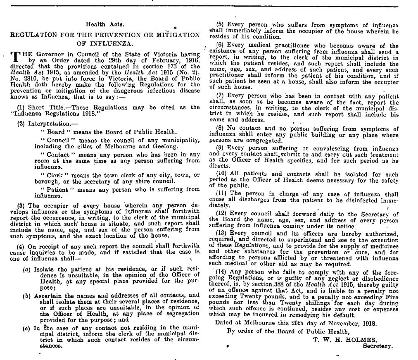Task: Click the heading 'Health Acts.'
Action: tap(102, 24)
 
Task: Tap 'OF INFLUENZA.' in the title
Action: tap(104, 43)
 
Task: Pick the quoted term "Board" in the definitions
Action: tap(50, 132)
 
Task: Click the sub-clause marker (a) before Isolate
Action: tap(26, 269)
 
